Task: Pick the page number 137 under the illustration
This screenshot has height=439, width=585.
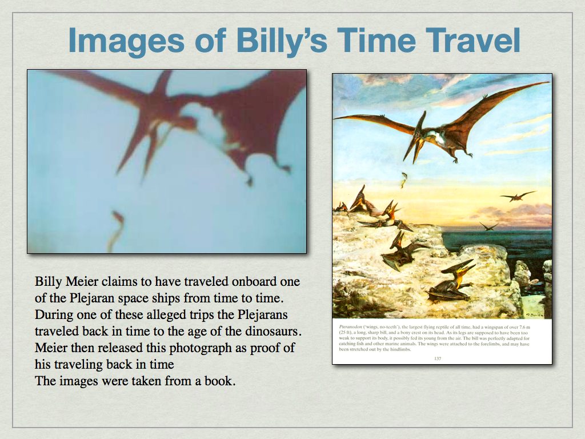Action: coord(438,358)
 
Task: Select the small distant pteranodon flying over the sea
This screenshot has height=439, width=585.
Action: coord(517,197)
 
